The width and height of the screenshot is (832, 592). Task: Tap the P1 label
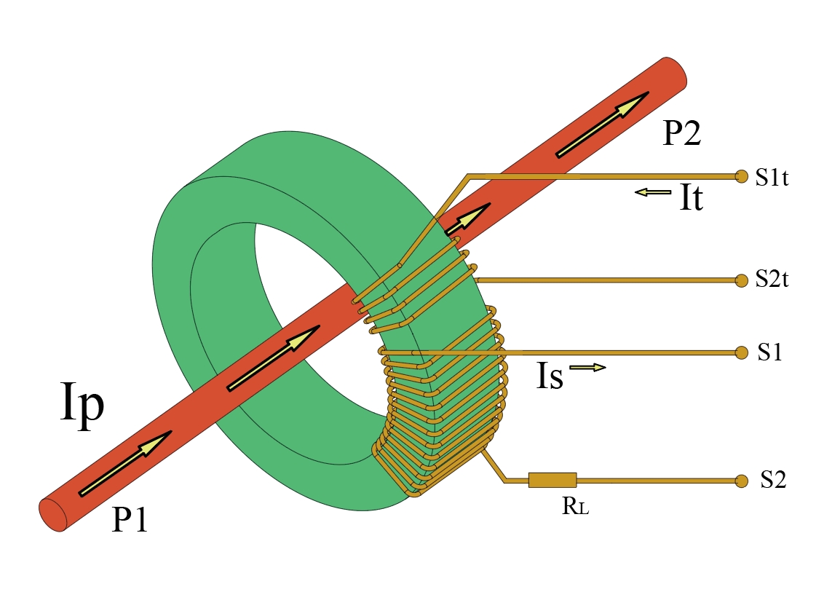point(130,520)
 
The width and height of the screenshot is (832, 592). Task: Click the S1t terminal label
point(772,178)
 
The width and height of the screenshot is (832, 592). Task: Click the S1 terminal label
point(770,352)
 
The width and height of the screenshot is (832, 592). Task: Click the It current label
point(691,198)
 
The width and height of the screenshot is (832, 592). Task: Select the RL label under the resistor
point(575,507)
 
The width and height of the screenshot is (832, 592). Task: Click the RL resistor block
point(552,480)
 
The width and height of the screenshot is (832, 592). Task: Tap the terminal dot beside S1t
point(742,176)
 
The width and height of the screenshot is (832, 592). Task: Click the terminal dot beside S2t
point(742,280)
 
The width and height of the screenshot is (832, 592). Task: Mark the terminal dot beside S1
point(742,352)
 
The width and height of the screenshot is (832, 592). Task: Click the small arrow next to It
point(652,192)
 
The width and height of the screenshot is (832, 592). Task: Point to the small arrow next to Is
point(587,368)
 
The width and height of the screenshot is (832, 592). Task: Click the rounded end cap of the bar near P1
point(52,516)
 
